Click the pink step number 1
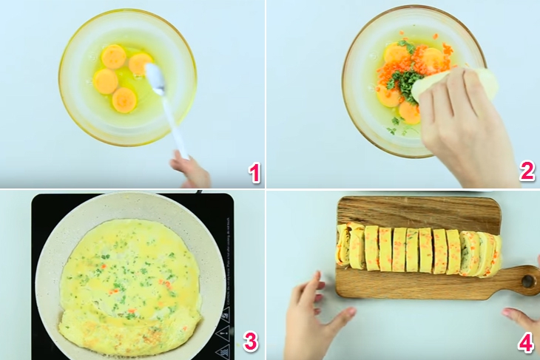tap(254, 173)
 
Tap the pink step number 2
tap(526, 171)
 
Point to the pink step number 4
tap(526, 343)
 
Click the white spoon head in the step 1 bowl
tap(154, 78)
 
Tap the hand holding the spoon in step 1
tap(191, 170)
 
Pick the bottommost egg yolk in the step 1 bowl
tap(124, 100)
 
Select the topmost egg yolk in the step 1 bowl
tap(113, 55)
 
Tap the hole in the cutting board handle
tap(527, 281)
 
